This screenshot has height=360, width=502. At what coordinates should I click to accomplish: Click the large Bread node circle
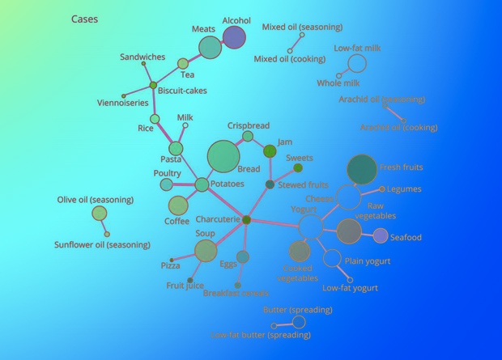223,156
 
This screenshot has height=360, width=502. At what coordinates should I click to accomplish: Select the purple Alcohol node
233,36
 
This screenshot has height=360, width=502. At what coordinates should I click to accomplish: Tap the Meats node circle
210,47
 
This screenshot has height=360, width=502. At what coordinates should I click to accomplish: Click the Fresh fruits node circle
362,169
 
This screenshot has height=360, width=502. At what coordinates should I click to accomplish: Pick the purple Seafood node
381,235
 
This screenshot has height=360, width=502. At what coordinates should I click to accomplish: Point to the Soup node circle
206,251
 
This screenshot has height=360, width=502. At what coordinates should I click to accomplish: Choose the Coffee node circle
177,205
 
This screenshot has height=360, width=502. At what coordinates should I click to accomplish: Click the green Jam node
270,151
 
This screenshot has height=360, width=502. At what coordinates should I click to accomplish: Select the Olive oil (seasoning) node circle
99,213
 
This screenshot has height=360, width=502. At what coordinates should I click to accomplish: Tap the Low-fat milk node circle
356,63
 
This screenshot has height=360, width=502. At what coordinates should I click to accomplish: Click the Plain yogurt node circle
332,259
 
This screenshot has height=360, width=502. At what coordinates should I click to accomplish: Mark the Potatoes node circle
202,184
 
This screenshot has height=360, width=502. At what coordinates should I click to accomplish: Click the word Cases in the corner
85,19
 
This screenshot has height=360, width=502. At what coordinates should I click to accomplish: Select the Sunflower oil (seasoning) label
102,244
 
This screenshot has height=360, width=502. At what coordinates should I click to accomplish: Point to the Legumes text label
404,189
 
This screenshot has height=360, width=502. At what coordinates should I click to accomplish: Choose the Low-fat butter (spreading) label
260,334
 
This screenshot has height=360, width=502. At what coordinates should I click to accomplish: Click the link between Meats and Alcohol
222,41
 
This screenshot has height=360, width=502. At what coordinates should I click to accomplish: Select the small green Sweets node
298,167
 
